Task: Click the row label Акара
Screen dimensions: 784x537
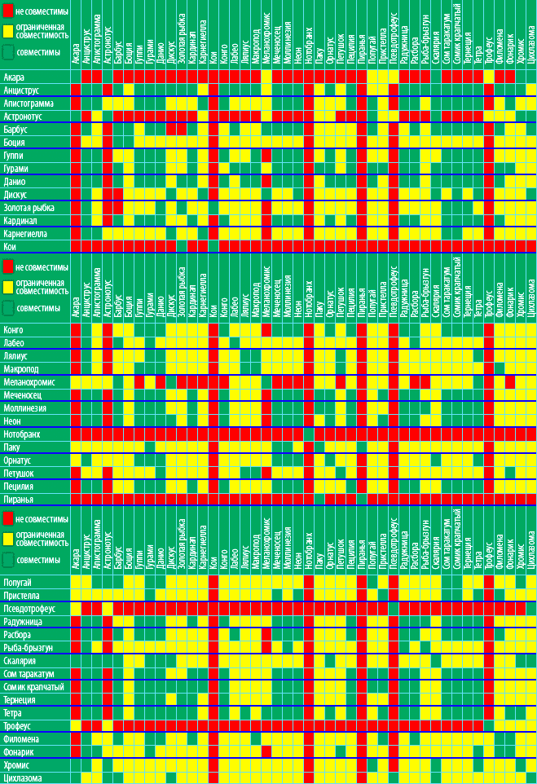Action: [14, 77]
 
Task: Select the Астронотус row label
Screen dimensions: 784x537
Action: [22, 117]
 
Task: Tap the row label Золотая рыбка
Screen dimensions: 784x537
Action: [29, 208]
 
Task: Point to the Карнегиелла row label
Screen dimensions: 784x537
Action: [25, 234]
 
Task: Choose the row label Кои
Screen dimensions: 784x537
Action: [11, 247]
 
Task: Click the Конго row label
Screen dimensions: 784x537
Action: [14, 330]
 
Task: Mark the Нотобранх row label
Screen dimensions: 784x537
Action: [24, 434]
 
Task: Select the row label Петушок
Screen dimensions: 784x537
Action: [19, 473]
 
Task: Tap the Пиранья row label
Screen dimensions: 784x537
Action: [19, 499]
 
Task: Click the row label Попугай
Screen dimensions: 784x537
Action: [18, 583]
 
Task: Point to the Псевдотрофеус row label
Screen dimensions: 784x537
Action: [29, 609]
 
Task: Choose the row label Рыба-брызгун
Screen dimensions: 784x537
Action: [29, 648]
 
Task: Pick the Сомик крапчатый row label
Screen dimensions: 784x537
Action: [33, 687]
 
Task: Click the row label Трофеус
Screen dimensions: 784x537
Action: [17, 725]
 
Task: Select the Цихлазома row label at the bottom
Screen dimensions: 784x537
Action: [23, 778]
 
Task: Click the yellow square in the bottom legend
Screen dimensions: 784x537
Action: [8, 536]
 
